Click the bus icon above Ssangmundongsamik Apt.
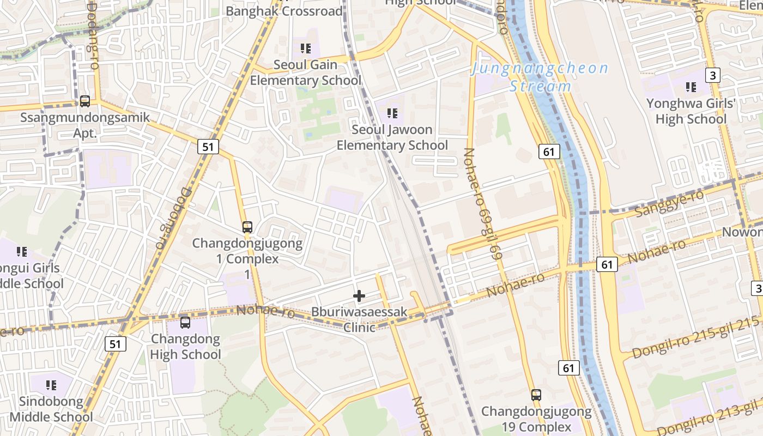tap(85, 101)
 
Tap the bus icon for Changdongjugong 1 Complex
tap(247, 227)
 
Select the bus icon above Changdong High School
tap(185, 322)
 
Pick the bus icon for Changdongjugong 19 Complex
tap(536, 395)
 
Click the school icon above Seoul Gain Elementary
tap(306, 49)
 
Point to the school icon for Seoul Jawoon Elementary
tap(392, 113)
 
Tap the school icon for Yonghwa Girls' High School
tap(691, 87)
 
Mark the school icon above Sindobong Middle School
tap(51, 385)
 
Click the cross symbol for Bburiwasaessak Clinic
tap(359, 296)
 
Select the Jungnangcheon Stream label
tap(540, 77)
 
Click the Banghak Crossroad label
tap(284, 11)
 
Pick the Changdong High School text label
tap(185, 347)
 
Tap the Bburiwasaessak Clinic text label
tap(359, 320)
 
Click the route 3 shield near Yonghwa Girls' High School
tap(712, 75)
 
